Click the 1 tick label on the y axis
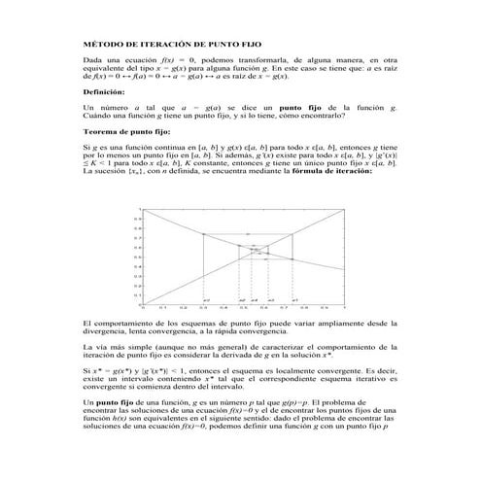pos(139,210)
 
